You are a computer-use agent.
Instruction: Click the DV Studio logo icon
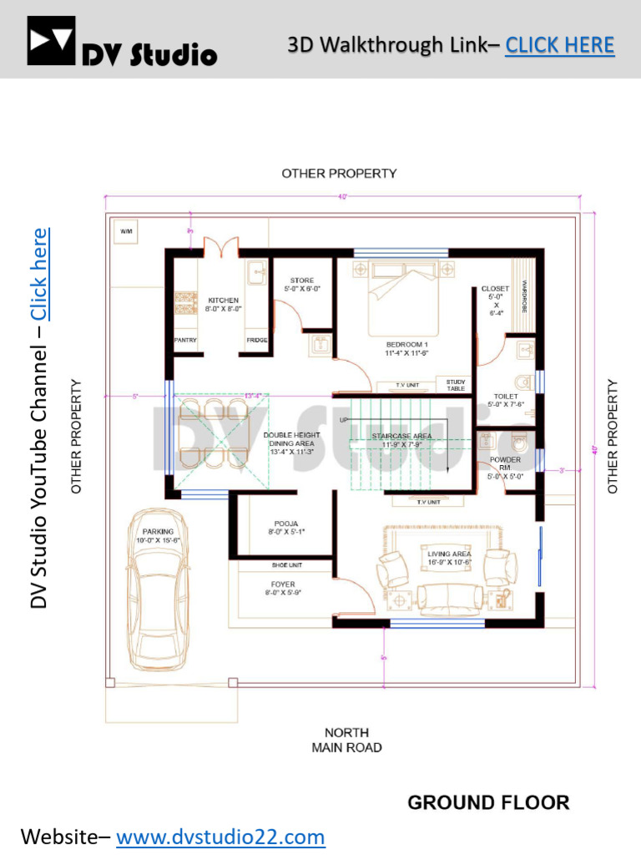tap(51, 41)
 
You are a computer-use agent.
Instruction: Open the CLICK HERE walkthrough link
tap(560, 44)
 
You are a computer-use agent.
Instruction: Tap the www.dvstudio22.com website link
tap(220, 836)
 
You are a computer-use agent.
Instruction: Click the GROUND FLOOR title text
tap(488, 802)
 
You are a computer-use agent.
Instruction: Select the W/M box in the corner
tap(126, 230)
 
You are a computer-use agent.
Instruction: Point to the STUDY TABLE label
tap(456, 384)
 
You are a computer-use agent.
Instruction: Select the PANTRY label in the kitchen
tap(184, 341)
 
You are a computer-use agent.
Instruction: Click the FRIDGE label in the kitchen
tap(256, 341)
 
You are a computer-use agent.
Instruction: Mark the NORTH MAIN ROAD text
tap(346, 740)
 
